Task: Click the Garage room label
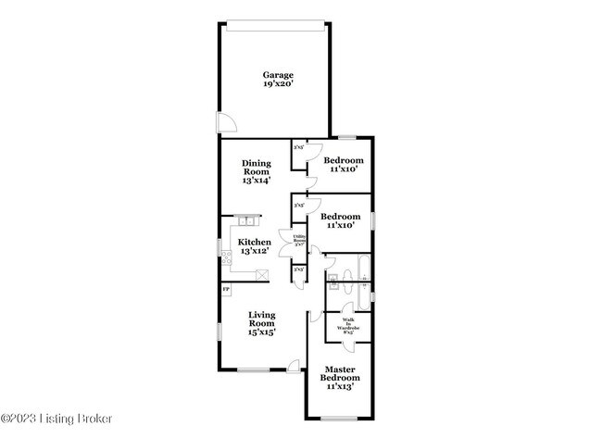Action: pos(278,75)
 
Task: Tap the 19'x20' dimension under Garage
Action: pos(278,85)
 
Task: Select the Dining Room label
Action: pos(257,168)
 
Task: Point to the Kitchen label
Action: pos(256,242)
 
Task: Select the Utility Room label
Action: pos(300,241)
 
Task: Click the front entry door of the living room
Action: pos(295,367)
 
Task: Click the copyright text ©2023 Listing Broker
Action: pos(56,419)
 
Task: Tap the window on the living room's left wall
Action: pos(219,331)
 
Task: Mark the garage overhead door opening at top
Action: pos(275,22)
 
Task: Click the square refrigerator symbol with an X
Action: pos(263,274)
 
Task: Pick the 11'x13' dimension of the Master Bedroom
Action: pos(341,388)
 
